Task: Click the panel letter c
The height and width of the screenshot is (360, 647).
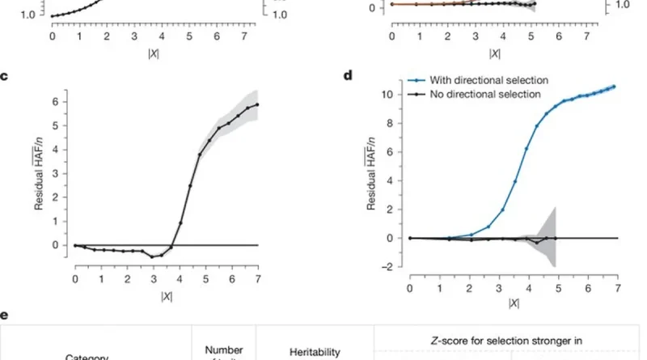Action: tap(6, 76)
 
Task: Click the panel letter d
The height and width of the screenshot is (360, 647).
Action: tap(348, 76)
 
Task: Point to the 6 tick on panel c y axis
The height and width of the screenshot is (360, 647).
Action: tap(56, 101)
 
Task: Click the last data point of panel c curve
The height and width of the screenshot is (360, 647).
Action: tap(257, 104)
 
